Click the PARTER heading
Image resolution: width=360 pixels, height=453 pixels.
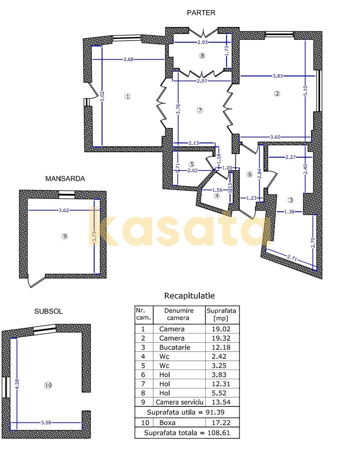tap(201, 13)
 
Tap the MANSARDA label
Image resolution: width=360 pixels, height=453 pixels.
tap(65, 179)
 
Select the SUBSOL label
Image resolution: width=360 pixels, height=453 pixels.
tap(48, 311)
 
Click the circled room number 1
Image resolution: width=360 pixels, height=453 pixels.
tap(128, 96)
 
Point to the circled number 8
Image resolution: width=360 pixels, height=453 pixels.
tap(202, 55)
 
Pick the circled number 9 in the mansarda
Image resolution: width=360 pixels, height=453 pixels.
tap(65, 236)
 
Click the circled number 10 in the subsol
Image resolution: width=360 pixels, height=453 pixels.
tap(48, 385)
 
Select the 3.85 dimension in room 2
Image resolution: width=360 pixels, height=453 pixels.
tap(277, 76)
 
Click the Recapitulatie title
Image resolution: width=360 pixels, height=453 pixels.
tap(189, 296)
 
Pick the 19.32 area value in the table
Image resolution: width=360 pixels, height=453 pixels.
tap(222, 338)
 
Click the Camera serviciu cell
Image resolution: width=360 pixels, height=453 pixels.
tap(179, 402)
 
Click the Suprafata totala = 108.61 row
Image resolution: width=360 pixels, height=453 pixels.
tap(187, 432)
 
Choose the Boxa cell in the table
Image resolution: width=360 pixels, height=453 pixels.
tap(167, 423)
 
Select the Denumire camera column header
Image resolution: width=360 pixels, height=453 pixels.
tap(179, 314)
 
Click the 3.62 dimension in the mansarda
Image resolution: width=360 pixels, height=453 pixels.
tap(64, 210)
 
